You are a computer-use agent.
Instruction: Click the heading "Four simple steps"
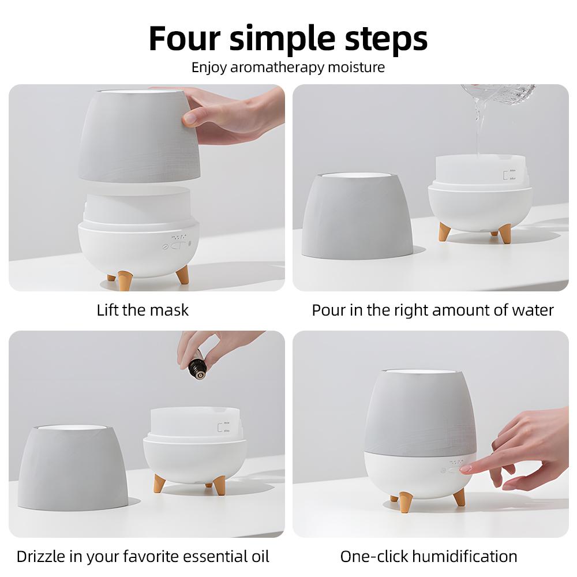point(288,38)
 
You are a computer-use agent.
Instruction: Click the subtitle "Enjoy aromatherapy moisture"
point(288,67)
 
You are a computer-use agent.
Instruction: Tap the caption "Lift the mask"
point(143,310)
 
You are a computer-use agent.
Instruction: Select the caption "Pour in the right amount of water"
point(433,310)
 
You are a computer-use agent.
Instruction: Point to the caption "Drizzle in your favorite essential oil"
point(143,557)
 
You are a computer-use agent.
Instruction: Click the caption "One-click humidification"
point(428,557)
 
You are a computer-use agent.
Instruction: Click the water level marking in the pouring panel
point(509,175)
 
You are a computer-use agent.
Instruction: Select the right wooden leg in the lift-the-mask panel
point(182,273)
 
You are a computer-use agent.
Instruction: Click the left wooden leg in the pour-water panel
point(444,231)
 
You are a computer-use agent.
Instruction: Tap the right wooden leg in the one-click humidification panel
point(459,496)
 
